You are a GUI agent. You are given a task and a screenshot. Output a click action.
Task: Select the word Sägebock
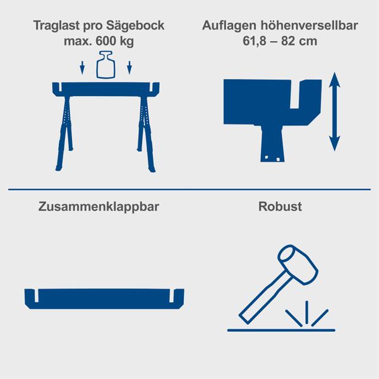coord(135,27)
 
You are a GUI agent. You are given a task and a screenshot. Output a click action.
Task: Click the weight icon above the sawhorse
coord(105,66)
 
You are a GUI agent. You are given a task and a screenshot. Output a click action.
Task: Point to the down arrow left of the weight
coord(81,68)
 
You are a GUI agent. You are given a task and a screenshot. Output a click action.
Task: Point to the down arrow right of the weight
coord(129,68)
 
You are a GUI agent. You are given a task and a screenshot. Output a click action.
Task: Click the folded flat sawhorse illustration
coord(104,298)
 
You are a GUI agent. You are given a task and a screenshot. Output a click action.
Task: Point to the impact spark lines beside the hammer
coord(307,313)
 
